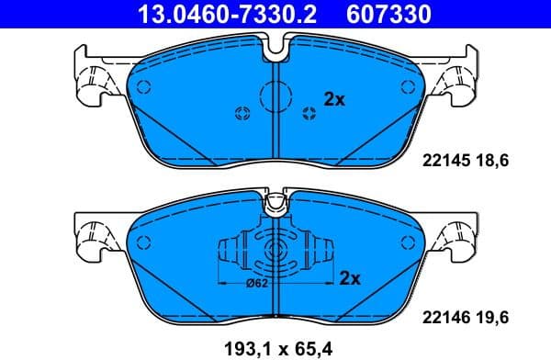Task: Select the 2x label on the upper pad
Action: pos(334,99)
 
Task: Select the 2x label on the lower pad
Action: pos(349,277)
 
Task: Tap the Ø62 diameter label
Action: pos(258,284)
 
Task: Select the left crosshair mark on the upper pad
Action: pos(242,114)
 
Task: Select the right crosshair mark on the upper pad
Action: pos(309,114)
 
